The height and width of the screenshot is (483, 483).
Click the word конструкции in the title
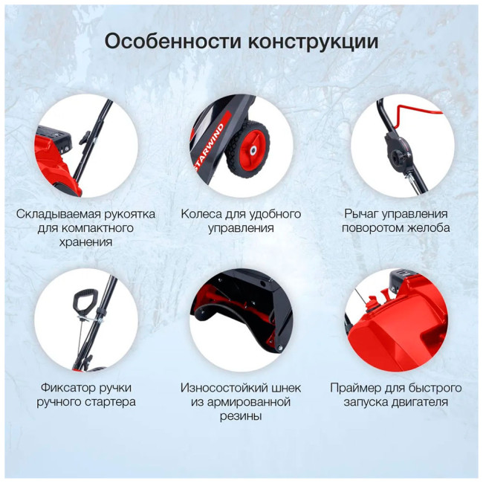pos(314,42)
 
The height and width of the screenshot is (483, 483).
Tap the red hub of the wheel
pos(253,150)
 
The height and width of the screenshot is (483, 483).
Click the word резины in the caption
pos(241,416)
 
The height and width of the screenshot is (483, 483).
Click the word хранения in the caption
pos(85,242)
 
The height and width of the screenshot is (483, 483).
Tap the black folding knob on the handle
pos(85,137)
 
